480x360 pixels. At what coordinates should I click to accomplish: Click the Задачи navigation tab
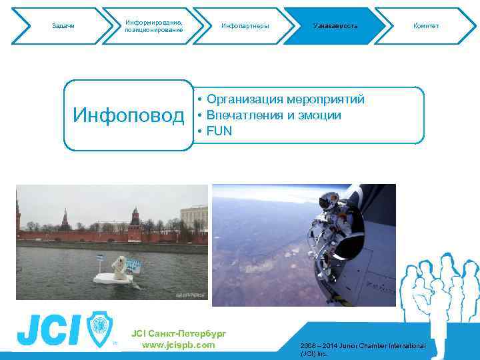tap(63, 26)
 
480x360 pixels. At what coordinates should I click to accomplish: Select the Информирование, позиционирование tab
tap(153, 26)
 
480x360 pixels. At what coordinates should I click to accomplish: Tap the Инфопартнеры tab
tap(245, 26)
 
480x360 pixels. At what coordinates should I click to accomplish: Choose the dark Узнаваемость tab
tap(335, 26)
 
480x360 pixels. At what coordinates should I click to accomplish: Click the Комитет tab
tap(426, 26)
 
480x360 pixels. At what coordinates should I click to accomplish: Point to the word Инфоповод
tap(129, 116)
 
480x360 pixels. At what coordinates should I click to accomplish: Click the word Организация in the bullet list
tap(245, 100)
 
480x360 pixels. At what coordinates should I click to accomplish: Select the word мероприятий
tap(325, 100)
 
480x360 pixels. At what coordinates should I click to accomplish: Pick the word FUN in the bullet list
tap(219, 131)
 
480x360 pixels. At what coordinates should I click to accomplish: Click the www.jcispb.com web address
tap(179, 345)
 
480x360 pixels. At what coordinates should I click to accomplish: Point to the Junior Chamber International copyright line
tap(363, 349)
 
